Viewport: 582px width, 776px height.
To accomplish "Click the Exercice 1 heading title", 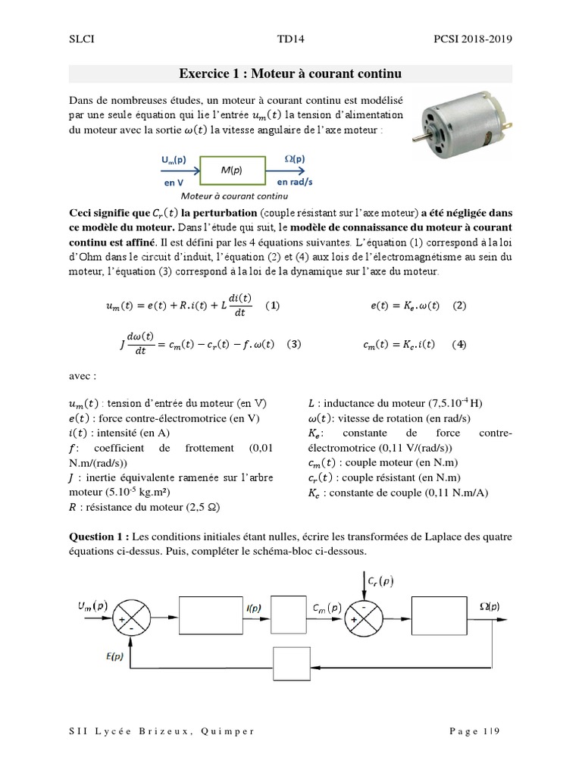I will coord(290,74).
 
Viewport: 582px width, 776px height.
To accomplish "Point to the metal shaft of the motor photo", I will coord(419,137).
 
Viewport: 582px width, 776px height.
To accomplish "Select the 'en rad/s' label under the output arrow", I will coord(296,183).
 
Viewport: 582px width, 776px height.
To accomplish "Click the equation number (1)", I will coord(273,306).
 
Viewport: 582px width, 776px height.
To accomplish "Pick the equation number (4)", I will coord(458,343).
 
